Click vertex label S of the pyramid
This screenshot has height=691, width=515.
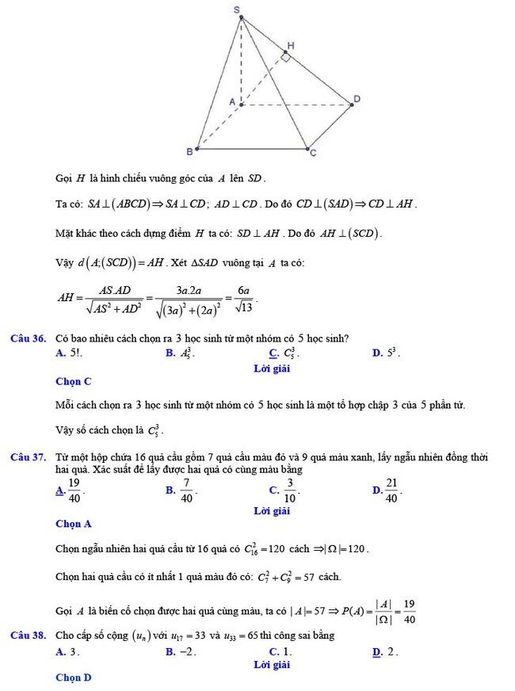237,8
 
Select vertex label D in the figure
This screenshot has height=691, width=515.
357,98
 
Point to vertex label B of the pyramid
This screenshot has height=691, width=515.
189,151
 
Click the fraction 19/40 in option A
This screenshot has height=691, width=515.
74,491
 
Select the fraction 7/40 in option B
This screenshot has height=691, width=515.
187,491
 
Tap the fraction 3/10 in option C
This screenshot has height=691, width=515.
291,491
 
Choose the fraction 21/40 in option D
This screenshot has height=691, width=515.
392,491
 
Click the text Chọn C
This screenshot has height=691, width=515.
74,382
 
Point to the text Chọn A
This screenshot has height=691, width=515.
74,524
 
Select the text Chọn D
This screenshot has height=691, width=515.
74,678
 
